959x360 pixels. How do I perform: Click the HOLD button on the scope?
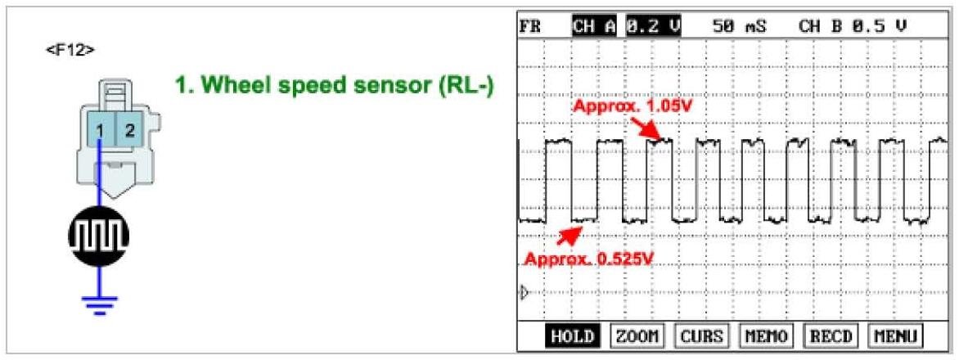pos(571,335)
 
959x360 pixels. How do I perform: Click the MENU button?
pos(895,335)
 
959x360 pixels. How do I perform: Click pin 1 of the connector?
pos(99,130)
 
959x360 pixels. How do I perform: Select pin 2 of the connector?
pos(128,130)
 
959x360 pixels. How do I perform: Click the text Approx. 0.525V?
pos(590,260)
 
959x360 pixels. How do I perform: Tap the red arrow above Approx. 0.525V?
pos(568,236)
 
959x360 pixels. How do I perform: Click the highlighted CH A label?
pos(594,26)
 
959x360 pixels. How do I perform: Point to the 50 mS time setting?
pos(739,26)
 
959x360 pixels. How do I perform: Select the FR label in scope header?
pos(530,26)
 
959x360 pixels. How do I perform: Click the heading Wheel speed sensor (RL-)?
pos(335,85)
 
